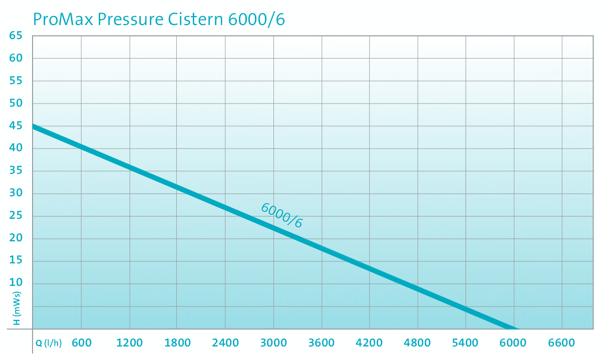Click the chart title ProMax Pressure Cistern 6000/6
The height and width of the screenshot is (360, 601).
[159, 19]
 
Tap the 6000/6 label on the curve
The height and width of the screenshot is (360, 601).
[282, 215]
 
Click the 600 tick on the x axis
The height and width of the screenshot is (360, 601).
[81, 343]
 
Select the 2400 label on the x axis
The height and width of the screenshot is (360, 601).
[225, 343]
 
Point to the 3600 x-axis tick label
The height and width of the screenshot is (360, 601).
[321, 343]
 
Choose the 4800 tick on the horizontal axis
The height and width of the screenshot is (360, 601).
[417, 343]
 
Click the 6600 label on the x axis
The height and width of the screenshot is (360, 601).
[561, 343]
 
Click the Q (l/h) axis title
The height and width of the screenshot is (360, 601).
[49, 343]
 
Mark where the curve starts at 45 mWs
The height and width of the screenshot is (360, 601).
[34, 127]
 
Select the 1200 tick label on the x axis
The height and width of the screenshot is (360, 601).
[129, 343]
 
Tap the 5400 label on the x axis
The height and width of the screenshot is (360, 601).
[465, 343]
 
